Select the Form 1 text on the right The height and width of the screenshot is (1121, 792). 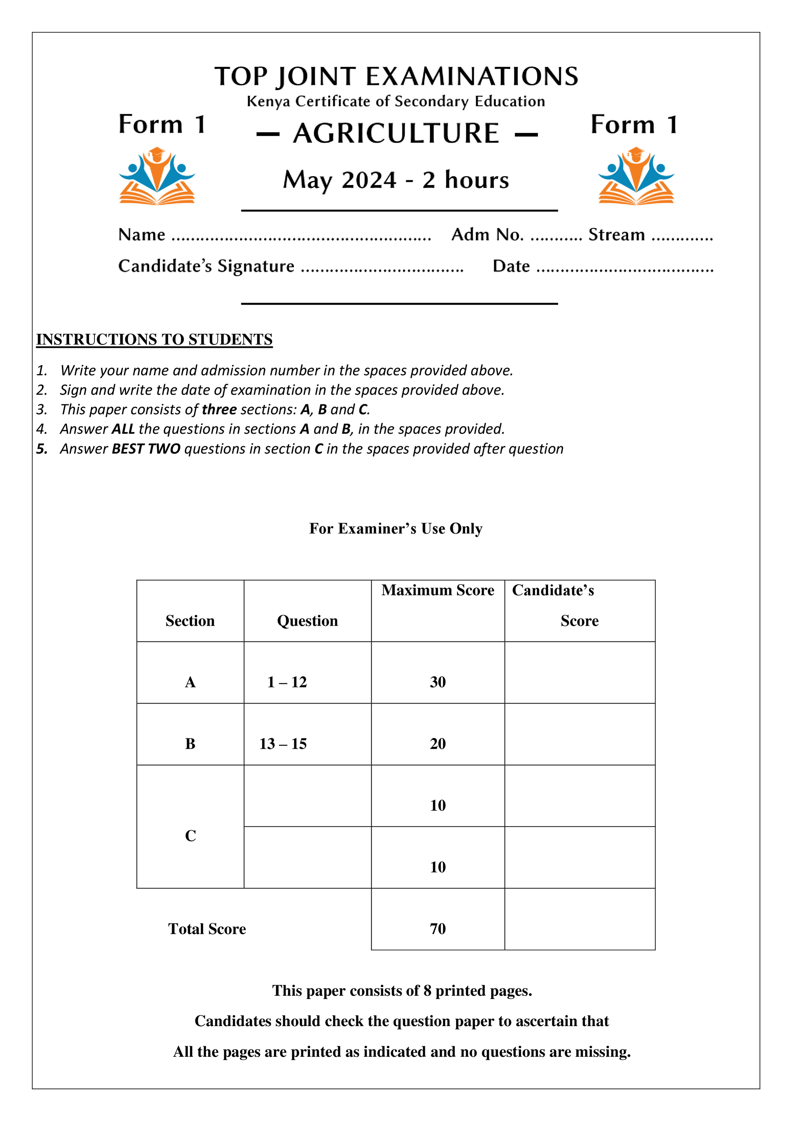click(x=633, y=125)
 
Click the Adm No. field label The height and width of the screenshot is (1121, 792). click(x=487, y=235)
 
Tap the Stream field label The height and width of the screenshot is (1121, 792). click(x=616, y=235)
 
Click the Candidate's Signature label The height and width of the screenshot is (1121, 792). click(x=206, y=266)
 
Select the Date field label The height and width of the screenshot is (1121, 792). click(x=511, y=267)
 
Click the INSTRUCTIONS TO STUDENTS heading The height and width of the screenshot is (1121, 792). click(x=154, y=339)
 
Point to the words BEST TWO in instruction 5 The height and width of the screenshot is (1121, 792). click(x=146, y=449)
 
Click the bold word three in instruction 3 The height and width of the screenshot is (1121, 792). click(x=219, y=409)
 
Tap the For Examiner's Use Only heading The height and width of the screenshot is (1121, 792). click(x=396, y=529)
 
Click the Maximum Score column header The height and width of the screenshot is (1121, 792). click(x=438, y=590)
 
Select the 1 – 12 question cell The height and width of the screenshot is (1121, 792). click(x=287, y=682)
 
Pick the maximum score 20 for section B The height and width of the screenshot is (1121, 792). click(x=438, y=744)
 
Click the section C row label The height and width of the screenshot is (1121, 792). click(x=190, y=836)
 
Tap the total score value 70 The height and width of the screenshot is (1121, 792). click(x=438, y=929)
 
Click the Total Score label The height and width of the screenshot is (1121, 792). click(x=207, y=929)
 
